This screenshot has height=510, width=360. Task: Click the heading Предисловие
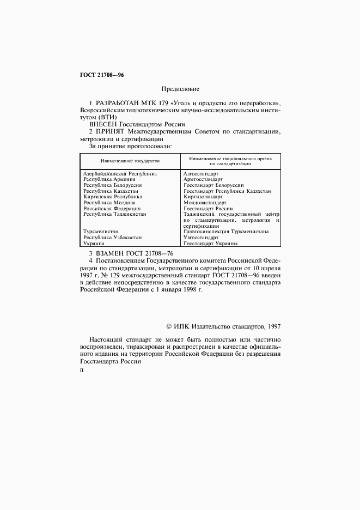180,88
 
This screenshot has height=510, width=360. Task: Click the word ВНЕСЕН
103,124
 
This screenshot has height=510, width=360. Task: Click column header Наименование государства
130,161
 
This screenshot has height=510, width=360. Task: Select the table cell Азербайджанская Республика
120,174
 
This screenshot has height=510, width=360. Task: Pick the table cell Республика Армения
109,179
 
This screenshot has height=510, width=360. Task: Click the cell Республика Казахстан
111,191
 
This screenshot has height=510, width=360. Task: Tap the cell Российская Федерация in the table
112,209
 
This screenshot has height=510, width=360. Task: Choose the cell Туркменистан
101,232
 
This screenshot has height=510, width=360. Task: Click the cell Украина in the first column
94,244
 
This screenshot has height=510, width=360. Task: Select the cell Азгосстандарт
201,174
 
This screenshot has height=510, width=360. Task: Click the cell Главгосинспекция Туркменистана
226,232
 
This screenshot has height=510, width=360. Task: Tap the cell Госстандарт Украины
210,244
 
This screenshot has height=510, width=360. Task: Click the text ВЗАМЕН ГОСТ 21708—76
127,253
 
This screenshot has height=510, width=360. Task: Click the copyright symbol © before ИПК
168,326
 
